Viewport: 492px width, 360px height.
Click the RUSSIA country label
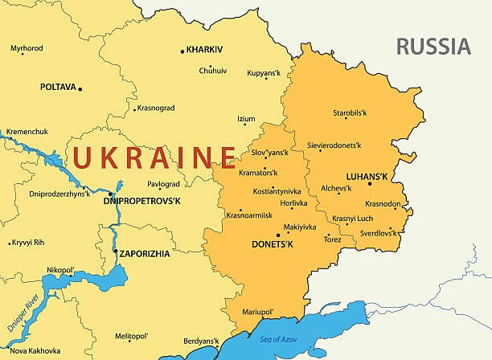433,47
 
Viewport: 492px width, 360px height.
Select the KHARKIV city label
204,49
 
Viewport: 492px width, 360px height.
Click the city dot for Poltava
80,88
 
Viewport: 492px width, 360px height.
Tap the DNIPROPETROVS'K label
142,200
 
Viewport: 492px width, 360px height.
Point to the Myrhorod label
27,48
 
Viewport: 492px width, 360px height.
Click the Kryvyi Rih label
27,242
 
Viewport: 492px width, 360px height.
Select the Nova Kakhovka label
35,350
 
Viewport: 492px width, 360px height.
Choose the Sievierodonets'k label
334,145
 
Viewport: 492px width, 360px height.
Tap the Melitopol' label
132,335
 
